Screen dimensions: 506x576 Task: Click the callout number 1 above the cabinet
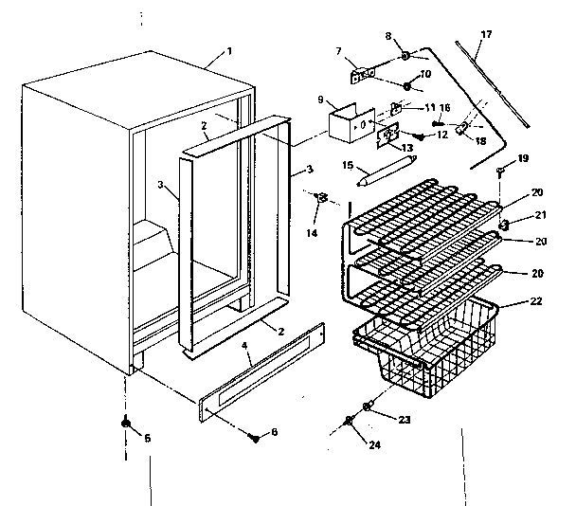tap(227, 49)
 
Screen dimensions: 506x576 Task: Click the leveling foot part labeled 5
tap(125, 424)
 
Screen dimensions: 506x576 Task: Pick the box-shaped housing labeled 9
tap(344, 123)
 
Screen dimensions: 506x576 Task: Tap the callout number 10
tap(425, 73)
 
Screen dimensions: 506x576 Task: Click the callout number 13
tap(408, 149)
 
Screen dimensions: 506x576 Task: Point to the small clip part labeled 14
tap(322, 198)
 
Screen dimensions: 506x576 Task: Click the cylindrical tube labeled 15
tap(386, 174)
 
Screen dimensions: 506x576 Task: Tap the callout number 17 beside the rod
tap(486, 35)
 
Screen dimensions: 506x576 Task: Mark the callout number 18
tap(481, 140)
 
